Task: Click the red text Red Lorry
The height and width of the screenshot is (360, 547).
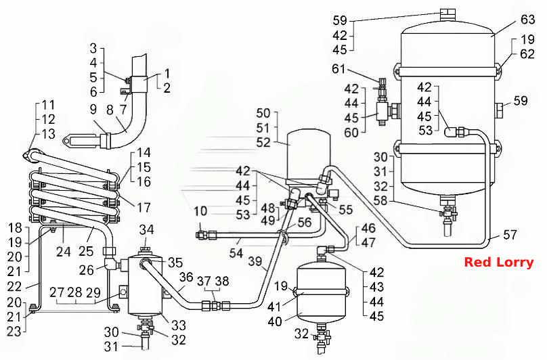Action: pos(499,263)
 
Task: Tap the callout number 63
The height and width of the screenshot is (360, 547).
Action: pos(527,20)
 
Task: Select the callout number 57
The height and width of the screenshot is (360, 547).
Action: pos(510,235)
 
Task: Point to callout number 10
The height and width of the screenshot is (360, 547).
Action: pos(200,211)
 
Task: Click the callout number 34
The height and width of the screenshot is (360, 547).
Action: pos(146,229)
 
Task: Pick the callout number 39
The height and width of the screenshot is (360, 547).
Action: pos(255,261)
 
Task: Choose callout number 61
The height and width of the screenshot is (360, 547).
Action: pos(338,69)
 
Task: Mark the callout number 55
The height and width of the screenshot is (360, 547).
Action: pos(346,210)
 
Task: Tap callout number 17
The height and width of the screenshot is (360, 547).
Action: pos(144,208)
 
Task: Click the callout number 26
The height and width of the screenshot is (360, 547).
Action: pos(86,269)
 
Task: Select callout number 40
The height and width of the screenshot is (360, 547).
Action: pos(275,321)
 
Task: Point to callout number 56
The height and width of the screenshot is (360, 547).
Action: pos(304,222)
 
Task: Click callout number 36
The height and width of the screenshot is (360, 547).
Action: pos(186,277)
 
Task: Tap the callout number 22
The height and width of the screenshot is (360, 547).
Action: pos(14,287)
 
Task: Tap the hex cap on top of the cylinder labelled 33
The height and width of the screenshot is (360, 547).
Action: pos(145,251)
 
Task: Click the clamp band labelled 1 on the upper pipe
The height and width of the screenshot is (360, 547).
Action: pos(139,84)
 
